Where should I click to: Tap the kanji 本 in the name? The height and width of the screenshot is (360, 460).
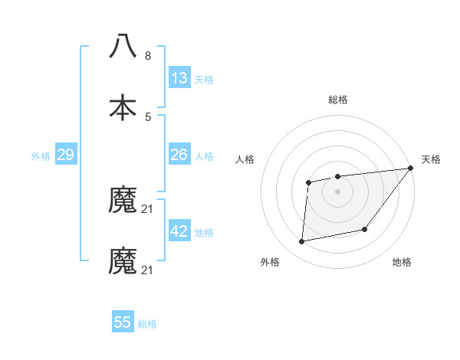pos(123,107)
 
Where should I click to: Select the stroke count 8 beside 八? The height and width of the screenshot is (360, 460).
pos(148,56)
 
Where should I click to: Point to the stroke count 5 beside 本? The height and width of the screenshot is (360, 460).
pos(148,116)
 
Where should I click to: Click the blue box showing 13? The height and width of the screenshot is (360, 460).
pos(179,78)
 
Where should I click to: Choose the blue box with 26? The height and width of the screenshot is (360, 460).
pos(179,155)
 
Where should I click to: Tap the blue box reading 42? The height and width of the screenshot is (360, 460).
pos(179,231)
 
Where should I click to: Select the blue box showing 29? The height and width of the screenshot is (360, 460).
pos(65,155)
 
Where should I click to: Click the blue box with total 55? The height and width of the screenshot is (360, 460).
pos(123,322)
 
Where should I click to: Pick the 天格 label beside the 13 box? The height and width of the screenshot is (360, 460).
pos(204,79)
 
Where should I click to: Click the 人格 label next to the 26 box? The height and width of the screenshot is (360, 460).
pos(204,155)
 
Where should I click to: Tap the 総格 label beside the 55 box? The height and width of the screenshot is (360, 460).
pos(147,323)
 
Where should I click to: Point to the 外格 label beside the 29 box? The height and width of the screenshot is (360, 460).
pos(41,155)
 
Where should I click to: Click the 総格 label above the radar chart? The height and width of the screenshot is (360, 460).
pos(337,100)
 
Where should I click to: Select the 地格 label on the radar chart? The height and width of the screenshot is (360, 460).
pos(402,262)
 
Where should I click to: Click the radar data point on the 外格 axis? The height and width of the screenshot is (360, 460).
pos(302,241)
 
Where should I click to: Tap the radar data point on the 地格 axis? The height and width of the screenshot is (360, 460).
pos(365,229)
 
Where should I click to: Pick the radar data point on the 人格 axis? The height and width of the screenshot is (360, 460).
pos(308,182)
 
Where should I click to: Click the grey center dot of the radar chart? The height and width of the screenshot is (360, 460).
pos(337,191)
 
